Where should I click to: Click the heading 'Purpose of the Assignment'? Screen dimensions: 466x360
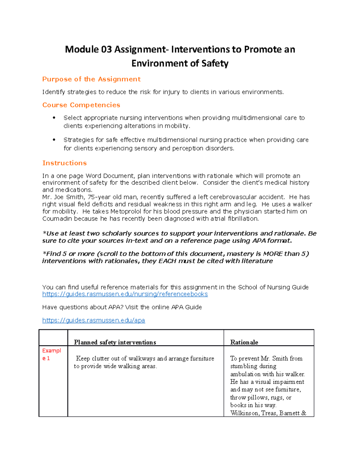coord(91,79)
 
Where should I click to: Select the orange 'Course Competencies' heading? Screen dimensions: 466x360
coord(81,105)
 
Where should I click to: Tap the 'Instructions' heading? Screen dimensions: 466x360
coord(64,163)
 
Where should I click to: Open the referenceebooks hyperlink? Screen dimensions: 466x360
coord(125,294)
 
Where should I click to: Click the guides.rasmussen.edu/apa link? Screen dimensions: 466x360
coord(94,320)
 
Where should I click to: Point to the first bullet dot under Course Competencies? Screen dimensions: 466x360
coord(54,118)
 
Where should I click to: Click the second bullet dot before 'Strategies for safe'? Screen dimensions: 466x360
coord(54,140)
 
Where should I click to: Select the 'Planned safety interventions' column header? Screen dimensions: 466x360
coord(115,342)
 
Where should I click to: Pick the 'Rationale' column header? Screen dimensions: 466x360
coord(244,342)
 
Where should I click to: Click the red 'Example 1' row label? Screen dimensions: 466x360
coord(51,354)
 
